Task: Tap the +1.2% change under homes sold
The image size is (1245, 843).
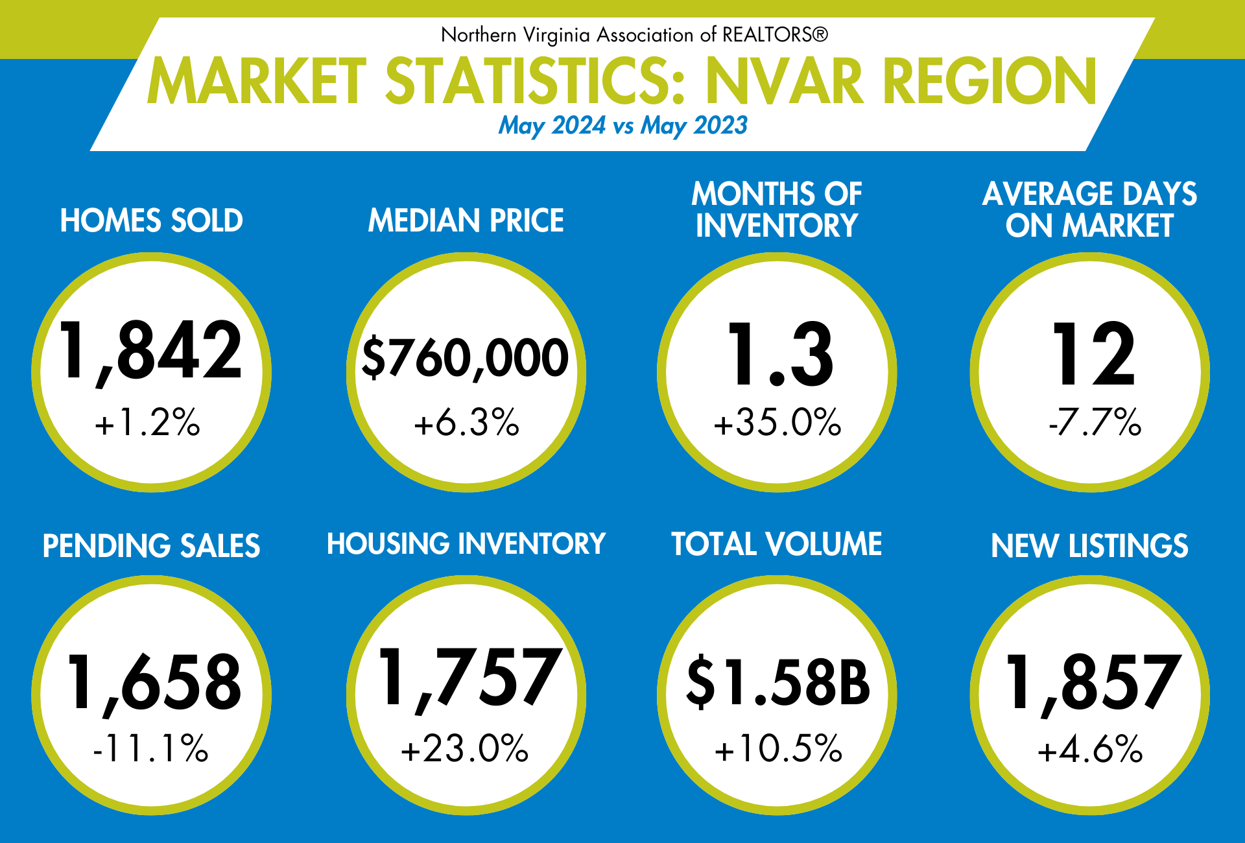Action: coord(148,423)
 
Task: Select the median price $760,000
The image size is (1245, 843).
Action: coord(465,358)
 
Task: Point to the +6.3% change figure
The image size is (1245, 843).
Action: coord(467,423)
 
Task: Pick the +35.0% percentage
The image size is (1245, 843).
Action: coord(777,423)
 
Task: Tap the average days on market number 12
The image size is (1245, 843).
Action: coord(1093,355)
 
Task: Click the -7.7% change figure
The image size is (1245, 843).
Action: coord(1095,423)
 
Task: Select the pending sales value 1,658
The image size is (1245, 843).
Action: coord(154,683)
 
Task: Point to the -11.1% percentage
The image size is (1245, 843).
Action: coord(151,748)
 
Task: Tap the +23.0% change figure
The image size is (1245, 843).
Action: coord(465,748)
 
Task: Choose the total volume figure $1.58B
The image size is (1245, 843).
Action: coord(778,682)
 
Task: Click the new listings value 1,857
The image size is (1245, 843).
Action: coord(1093,683)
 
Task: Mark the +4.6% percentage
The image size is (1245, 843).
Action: coord(1090,750)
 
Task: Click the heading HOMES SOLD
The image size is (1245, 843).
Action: coord(152,221)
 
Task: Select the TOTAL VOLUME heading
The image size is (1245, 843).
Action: coord(777,544)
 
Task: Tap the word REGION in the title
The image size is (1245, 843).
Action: coord(990,82)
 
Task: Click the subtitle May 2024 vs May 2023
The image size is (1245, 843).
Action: coord(622,125)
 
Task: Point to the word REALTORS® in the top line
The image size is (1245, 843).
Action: coord(775,34)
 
